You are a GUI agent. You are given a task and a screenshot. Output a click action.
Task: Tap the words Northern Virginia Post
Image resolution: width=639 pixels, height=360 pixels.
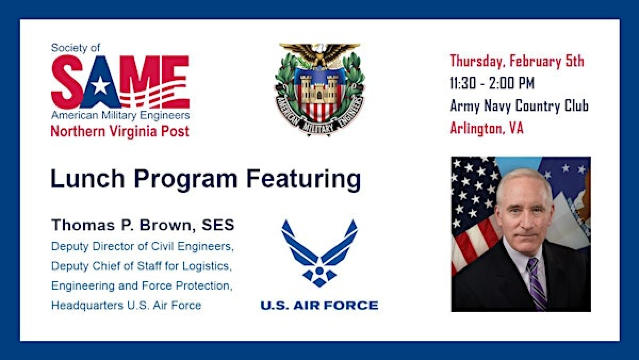pos(120,131)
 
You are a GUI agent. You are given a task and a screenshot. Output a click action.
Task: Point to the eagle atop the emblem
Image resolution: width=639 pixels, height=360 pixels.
pos(319,52)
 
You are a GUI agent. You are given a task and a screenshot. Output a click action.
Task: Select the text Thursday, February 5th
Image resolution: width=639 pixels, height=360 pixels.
pos(516,61)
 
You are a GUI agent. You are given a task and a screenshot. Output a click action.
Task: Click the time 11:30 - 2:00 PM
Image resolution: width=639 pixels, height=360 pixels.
pos(492,84)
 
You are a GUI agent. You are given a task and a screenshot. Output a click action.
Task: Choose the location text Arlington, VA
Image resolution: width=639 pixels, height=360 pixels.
pos(486,128)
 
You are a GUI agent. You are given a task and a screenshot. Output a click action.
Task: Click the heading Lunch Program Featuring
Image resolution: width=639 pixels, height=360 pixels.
pos(205,180)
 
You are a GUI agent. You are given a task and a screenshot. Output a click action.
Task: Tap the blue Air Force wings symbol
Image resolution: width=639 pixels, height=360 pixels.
pos(319,250)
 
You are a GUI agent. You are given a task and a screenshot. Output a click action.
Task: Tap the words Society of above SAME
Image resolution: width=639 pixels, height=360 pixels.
pos(75,47)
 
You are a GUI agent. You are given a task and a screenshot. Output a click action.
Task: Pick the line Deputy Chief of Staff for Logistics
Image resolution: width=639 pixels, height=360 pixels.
pos(141,265)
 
